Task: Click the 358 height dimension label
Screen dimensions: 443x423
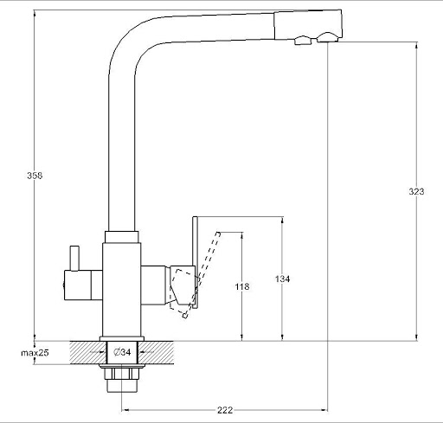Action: pos(35,176)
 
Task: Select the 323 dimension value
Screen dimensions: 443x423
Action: pos(416,191)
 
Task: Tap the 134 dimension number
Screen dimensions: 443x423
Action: pos(282,279)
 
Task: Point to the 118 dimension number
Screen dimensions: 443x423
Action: pos(242,286)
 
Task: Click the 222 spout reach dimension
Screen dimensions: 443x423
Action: pos(225,410)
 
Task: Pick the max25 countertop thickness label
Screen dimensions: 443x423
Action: pos(35,353)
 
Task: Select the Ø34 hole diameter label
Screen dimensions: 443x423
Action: pos(122,352)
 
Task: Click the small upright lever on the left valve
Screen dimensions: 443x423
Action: pos(74,259)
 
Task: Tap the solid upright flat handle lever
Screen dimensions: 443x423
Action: pos(195,262)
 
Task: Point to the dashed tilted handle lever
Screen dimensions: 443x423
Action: pos(202,274)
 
